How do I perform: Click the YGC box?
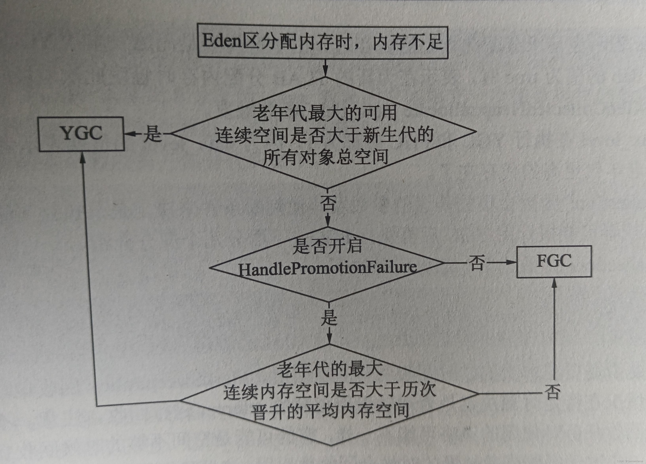click(x=82, y=134)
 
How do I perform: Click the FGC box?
click(x=554, y=261)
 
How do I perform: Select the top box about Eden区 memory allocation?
click(x=323, y=42)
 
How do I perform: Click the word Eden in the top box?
click(x=222, y=41)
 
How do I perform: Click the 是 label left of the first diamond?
click(x=153, y=134)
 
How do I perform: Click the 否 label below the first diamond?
click(x=328, y=203)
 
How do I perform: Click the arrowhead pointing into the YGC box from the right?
click(x=129, y=133)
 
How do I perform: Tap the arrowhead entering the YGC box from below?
click(x=83, y=157)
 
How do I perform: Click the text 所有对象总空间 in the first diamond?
click(x=325, y=157)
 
